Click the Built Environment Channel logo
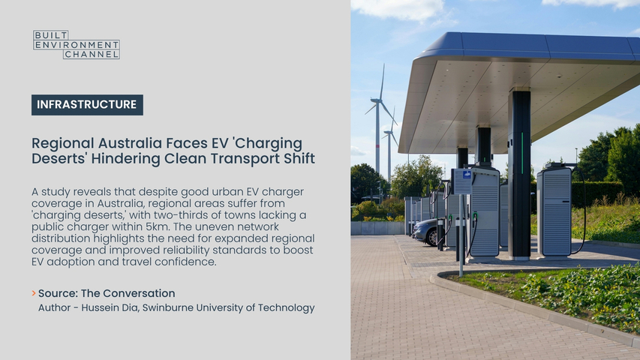pos(77,44)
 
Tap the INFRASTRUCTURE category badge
pos(87,105)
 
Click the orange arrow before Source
pos(34,293)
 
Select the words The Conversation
pos(128,293)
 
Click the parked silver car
pos(425,232)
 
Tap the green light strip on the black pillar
pos(522,153)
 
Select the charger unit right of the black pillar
pos(554,211)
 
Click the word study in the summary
pos(56,192)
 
